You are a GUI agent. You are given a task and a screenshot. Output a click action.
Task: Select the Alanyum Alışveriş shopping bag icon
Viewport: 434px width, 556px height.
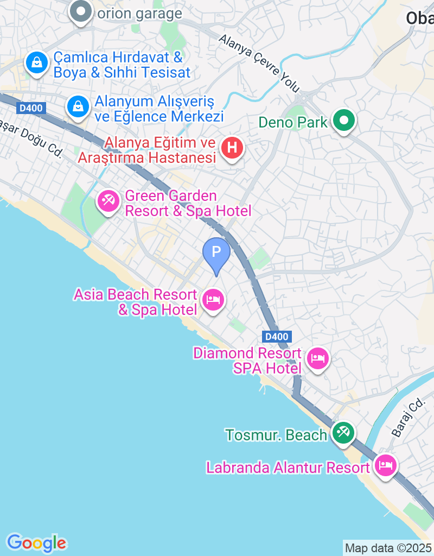(79, 106)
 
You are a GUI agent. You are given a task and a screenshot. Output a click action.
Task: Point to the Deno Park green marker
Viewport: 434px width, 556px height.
(344, 120)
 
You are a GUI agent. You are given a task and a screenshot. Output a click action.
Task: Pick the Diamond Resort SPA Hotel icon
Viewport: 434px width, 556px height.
(318, 358)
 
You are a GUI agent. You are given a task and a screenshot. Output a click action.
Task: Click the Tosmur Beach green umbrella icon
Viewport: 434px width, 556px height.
(343, 433)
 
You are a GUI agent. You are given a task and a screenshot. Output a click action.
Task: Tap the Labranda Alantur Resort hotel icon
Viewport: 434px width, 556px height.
(386, 465)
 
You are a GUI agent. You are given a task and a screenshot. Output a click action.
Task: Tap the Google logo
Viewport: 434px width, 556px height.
(37, 542)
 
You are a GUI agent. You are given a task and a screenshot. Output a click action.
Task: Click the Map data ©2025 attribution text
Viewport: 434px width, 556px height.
(388, 548)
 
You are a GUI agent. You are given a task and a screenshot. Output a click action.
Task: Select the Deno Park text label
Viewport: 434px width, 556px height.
(293, 122)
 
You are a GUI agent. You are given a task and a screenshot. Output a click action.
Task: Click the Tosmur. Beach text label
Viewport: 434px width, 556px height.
(276, 435)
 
